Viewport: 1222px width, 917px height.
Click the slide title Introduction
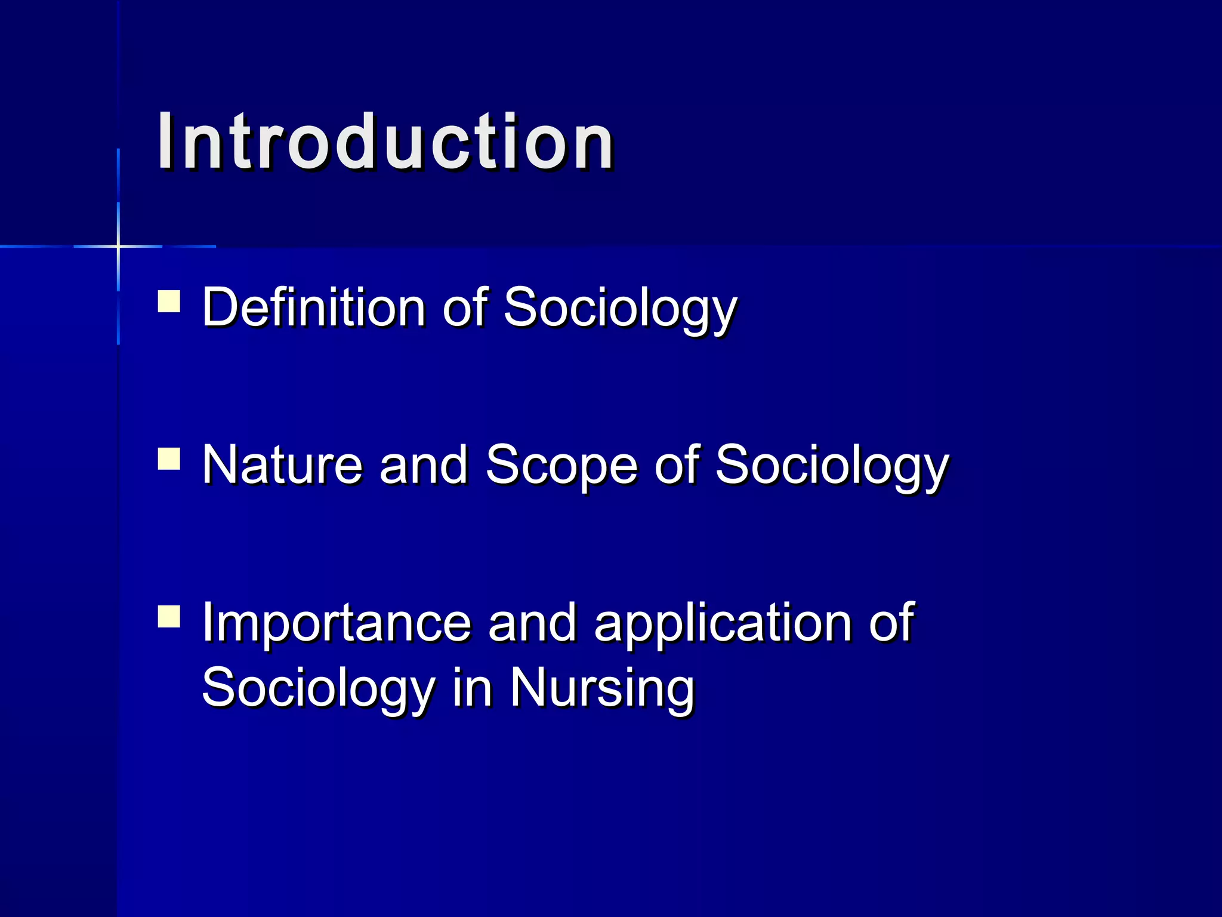coord(385,143)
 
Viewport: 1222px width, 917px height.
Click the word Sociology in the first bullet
coord(621,308)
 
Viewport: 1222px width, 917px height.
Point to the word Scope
coord(561,466)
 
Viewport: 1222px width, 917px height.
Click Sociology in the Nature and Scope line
coord(832,466)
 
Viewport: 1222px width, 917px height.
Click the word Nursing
coord(602,688)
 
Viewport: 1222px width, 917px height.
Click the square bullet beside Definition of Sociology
coord(169,301)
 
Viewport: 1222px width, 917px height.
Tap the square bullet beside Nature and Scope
coord(169,460)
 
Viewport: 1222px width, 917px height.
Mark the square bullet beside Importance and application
coord(169,617)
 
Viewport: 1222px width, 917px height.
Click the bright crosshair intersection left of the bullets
coord(118,246)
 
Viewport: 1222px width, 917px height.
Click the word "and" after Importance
coord(532,623)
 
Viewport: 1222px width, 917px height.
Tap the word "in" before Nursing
coord(472,688)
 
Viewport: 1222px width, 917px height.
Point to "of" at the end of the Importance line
coord(891,623)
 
